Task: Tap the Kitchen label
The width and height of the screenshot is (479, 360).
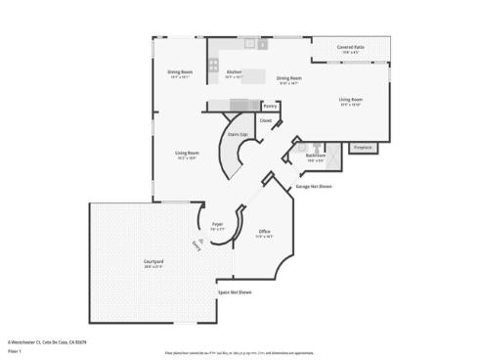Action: point(235,73)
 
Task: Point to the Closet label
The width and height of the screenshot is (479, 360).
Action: point(265,120)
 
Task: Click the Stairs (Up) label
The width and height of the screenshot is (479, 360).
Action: point(237,134)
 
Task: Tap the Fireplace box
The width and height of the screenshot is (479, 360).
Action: point(363,147)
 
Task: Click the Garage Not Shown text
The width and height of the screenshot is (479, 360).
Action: point(313,185)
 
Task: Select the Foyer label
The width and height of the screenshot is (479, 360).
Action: point(218,225)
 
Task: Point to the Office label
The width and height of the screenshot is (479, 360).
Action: point(264,232)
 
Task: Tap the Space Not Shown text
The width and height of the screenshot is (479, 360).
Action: point(235,292)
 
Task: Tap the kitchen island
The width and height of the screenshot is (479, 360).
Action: point(253,75)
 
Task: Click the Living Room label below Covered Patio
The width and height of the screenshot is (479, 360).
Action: point(351,100)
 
